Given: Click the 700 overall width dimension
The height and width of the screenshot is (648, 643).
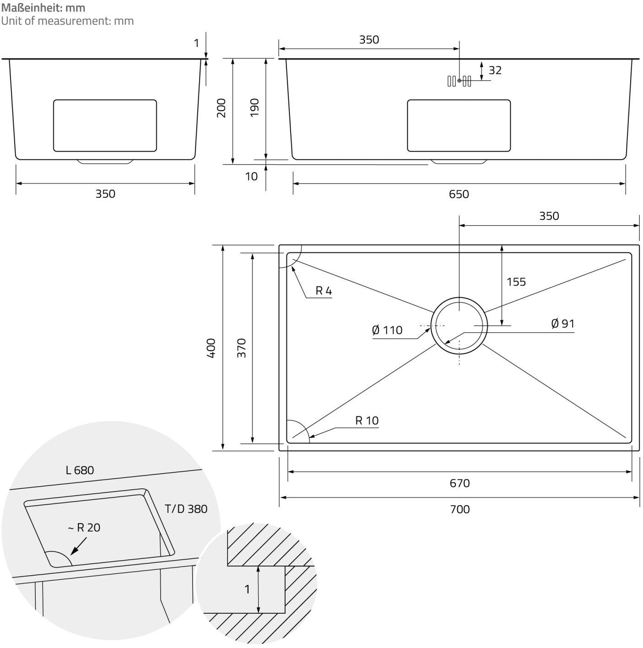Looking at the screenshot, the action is click(x=459, y=509).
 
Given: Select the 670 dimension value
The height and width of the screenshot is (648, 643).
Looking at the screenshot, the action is click(x=459, y=483).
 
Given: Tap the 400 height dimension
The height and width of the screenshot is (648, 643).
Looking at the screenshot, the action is click(x=211, y=348).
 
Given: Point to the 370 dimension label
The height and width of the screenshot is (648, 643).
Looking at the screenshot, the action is click(x=241, y=348).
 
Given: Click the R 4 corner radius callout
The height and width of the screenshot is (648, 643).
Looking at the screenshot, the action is click(x=324, y=291).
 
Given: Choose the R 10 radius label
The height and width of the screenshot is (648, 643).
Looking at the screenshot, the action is click(x=367, y=421).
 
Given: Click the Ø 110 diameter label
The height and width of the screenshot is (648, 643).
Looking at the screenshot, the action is click(x=387, y=330).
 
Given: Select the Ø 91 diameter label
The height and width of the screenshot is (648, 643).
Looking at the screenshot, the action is click(x=562, y=324).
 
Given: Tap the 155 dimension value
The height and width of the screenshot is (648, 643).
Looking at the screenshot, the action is click(x=516, y=282).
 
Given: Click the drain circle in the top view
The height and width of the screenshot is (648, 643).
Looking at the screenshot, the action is click(x=459, y=325).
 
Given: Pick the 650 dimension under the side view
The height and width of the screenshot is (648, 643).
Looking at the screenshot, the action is click(x=459, y=194).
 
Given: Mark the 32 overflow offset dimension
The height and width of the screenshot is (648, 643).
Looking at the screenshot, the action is click(x=495, y=70).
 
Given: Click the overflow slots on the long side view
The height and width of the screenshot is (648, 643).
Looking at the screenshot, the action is click(x=459, y=81).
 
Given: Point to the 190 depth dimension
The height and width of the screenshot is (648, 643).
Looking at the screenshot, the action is click(x=254, y=108).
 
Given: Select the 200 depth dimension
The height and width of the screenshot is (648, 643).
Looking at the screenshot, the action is click(x=222, y=108).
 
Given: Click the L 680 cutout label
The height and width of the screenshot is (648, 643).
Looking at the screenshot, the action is click(x=80, y=470).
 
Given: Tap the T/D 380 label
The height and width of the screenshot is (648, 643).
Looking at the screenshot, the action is click(x=186, y=509).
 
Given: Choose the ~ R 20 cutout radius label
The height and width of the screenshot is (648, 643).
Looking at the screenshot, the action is click(x=84, y=528).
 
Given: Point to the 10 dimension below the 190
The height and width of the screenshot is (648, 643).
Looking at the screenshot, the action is click(x=251, y=176).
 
